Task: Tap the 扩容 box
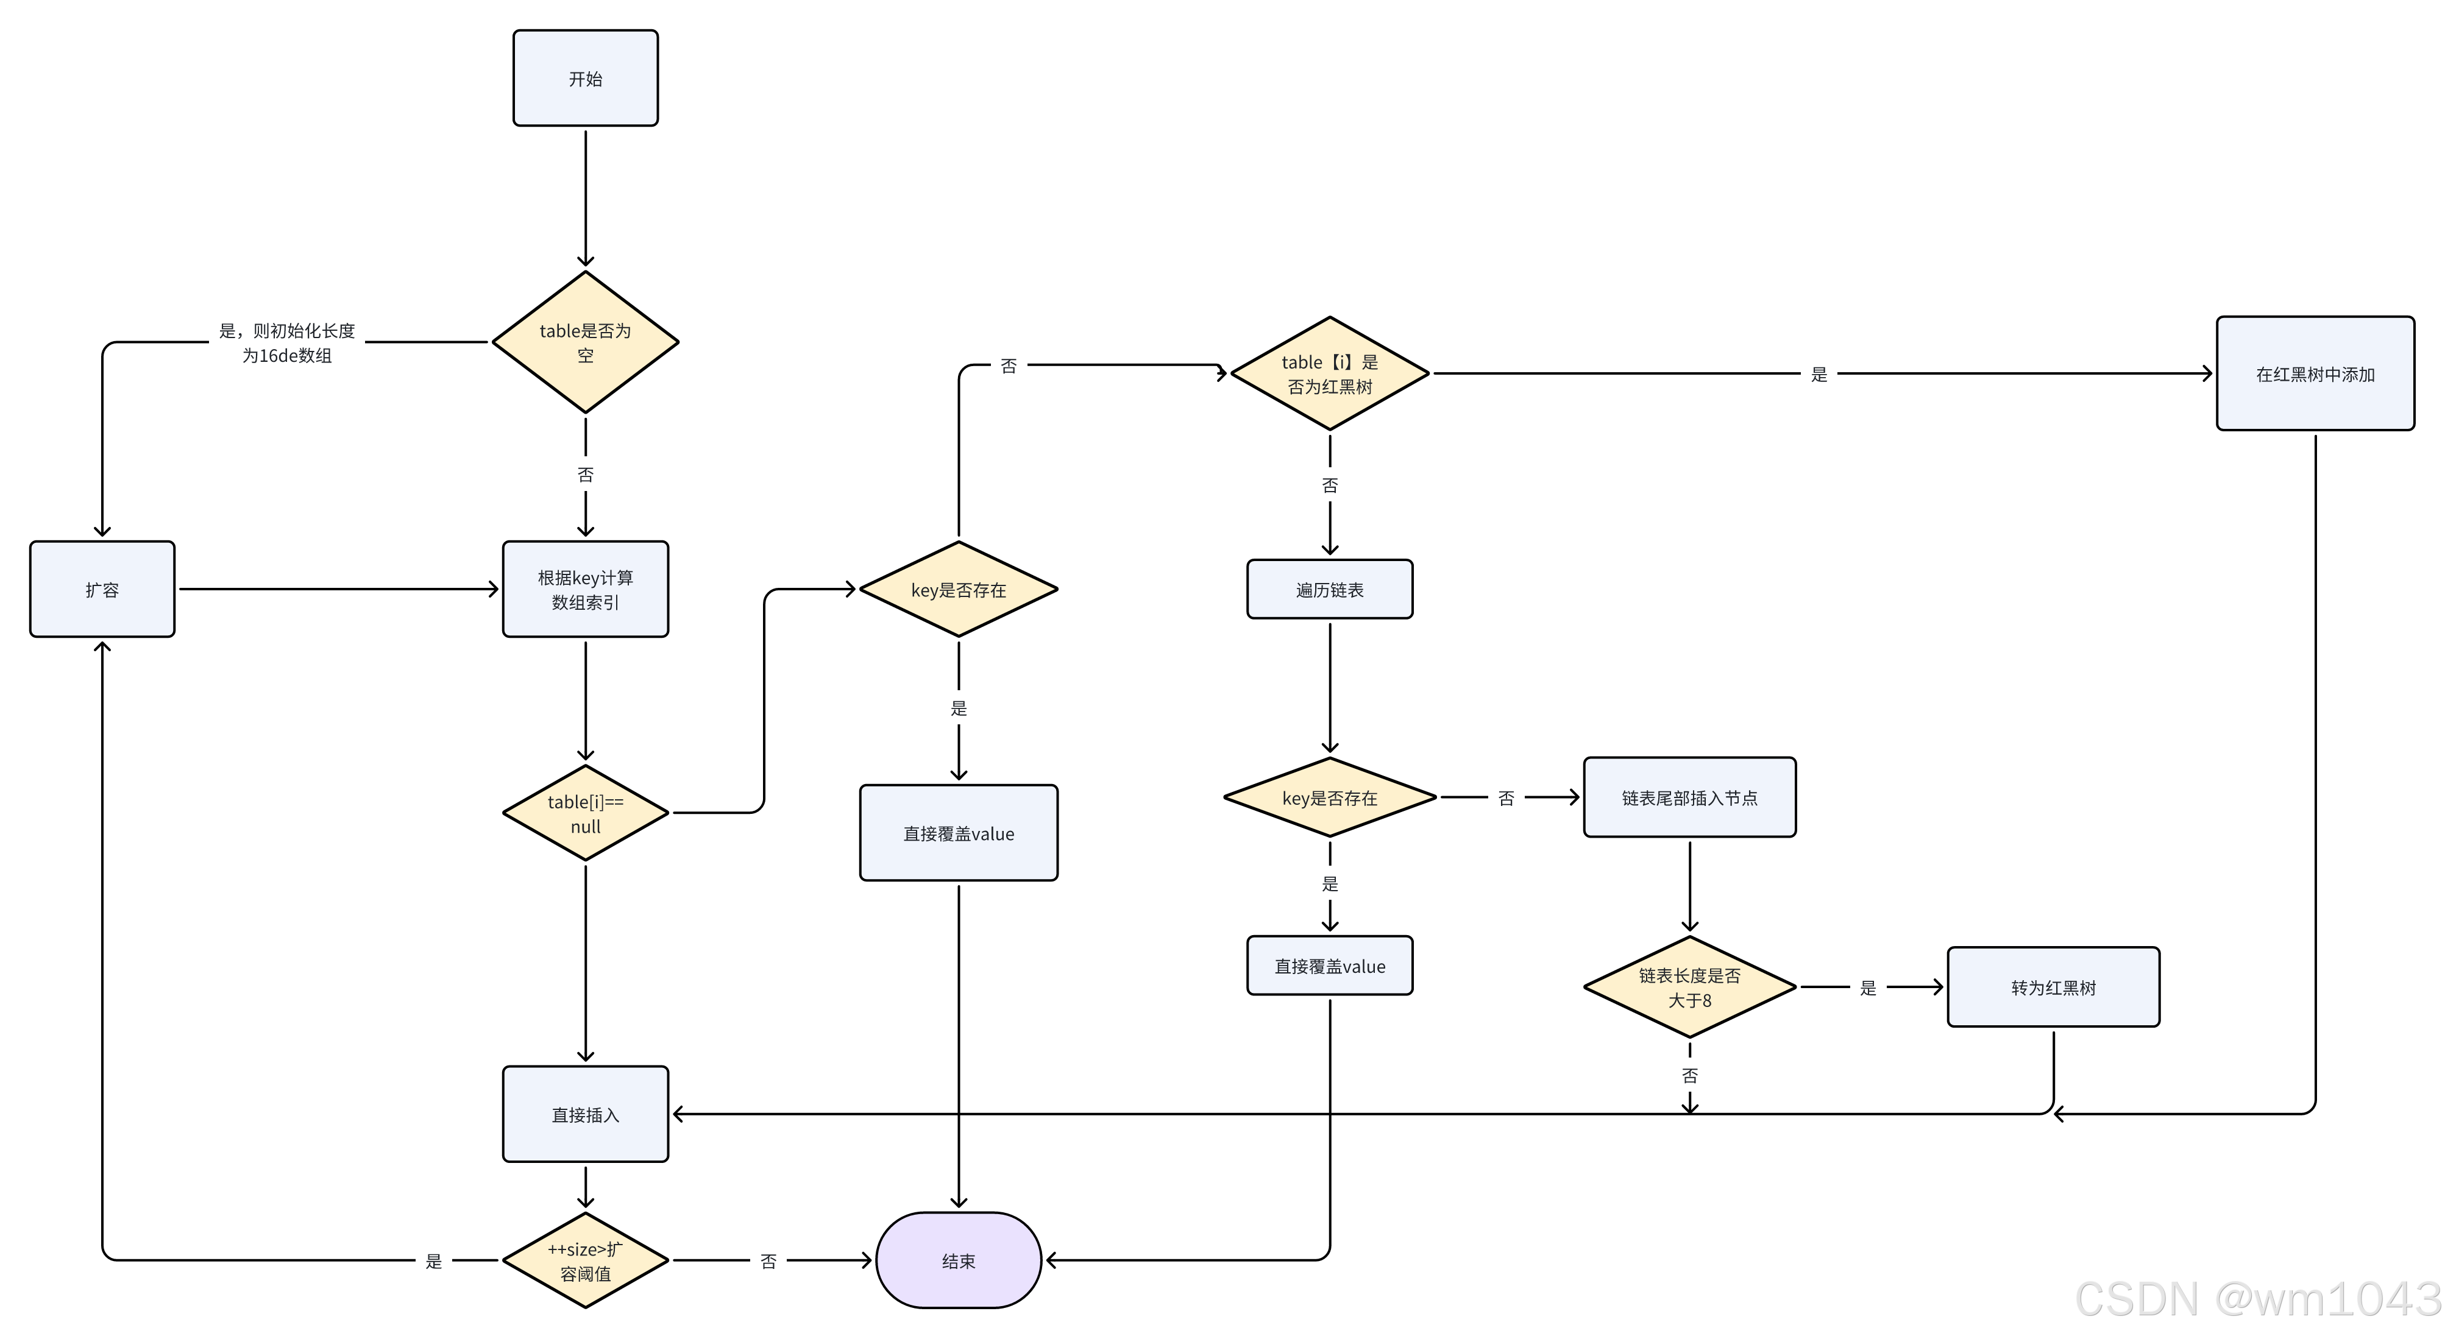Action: point(102,589)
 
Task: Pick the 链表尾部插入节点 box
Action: point(1689,797)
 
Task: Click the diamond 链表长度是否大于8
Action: point(1689,987)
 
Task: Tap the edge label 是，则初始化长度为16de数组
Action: point(286,342)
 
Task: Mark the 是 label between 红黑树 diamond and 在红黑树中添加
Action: point(1818,374)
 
